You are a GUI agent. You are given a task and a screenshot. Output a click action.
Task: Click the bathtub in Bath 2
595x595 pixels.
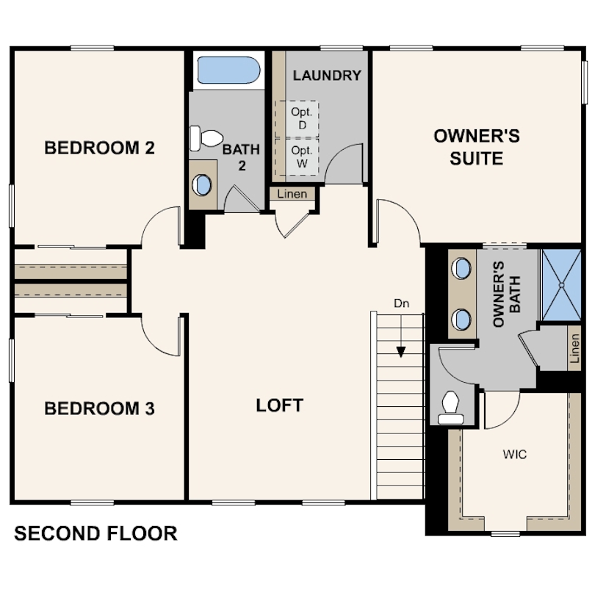(x=228, y=71)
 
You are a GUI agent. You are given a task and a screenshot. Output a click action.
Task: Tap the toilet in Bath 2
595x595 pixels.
(x=206, y=139)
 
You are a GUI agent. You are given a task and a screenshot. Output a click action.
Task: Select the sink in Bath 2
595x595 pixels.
(x=202, y=185)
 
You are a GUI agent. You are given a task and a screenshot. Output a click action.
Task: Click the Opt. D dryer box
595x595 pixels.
(x=297, y=119)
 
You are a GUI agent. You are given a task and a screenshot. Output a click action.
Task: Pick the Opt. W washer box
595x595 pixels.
(x=297, y=156)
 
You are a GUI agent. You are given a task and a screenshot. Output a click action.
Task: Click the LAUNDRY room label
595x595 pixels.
(x=327, y=76)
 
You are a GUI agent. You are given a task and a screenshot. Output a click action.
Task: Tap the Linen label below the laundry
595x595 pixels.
(x=292, y=194)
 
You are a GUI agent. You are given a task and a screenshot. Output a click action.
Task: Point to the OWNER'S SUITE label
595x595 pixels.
(x=477, y=147)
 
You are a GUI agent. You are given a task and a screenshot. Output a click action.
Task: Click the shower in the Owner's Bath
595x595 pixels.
(x=562, y=284)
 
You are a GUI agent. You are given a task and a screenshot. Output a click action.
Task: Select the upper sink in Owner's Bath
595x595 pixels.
(x=461, y=268)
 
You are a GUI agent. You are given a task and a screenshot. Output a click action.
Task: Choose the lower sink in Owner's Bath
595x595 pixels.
(x=461, y=320)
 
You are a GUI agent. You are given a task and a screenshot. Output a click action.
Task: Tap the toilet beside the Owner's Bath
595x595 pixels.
(x=451, y=408)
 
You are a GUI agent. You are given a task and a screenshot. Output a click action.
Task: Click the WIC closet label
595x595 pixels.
(x=515, y=454)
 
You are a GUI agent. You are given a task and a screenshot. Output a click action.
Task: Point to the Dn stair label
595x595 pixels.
(x=402, y=303)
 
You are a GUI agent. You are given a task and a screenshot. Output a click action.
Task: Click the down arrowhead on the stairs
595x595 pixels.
(x=401, y=352)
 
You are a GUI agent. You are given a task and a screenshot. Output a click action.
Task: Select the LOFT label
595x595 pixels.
(x=280, y=405)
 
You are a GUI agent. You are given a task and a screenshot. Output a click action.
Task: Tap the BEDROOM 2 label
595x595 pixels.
(x=99, y=148)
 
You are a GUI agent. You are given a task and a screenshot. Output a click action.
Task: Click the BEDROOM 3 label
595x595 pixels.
(x=99, y=408)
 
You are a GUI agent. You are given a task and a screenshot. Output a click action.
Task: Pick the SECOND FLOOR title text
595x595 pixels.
(x=95, y=533)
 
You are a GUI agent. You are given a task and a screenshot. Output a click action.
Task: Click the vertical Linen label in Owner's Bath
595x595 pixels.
(x=575, y=348)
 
